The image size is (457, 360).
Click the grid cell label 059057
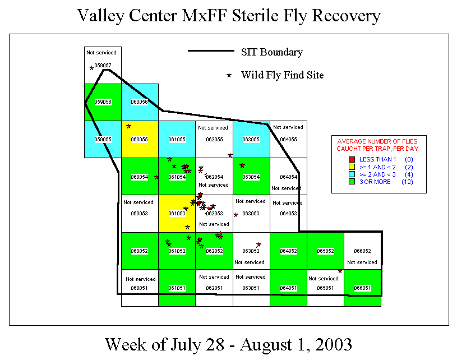103,66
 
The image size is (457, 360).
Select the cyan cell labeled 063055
251,140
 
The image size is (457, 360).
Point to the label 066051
362,288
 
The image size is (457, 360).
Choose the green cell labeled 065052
325,251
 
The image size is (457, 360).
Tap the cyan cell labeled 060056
140,102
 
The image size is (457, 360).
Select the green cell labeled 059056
103,102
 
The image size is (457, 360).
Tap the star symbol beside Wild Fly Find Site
228,75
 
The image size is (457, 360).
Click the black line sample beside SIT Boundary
210,52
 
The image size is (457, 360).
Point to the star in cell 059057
91,68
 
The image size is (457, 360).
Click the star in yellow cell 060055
129,126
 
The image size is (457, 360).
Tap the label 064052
288,251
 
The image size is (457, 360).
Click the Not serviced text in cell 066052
362,262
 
